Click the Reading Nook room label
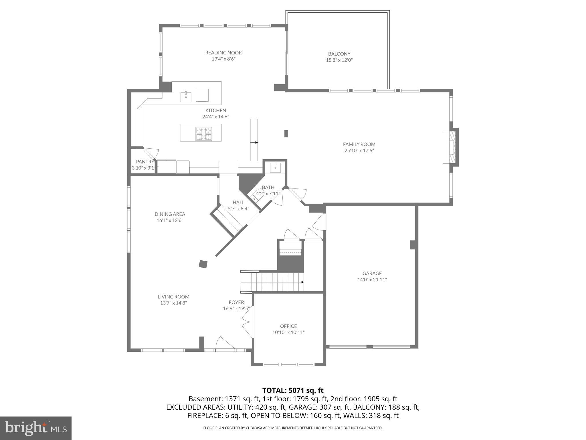pyautogui.click(x=223, y=53)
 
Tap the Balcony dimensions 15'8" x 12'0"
pyautogui.click(x=339, y=60)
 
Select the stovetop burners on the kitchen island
pyautogui.click(x=204, y=134)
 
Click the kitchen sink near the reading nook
pyautogui.click(x=186, y=97)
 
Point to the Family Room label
pyautogui.click(x=359, y=144)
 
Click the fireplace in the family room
pyautogui.click(x=450, y=147)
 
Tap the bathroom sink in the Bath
pyautogui.click(x=276, y=168)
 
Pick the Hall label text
pyautogui.click(x=238, y=203)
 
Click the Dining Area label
pyautogui.click(x=170, y=214)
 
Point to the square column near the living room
pyautogui.click(x=203, y=264)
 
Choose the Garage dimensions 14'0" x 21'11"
pyautogui.click(x=372, y=280)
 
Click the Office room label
pyautogui.click(x=288, y=326)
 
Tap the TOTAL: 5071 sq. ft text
pyautogui.click(x=293, y=390)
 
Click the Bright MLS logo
pyautogui.click(x=36, y=428)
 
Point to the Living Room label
pyautogui.click(x=173, y=297)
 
